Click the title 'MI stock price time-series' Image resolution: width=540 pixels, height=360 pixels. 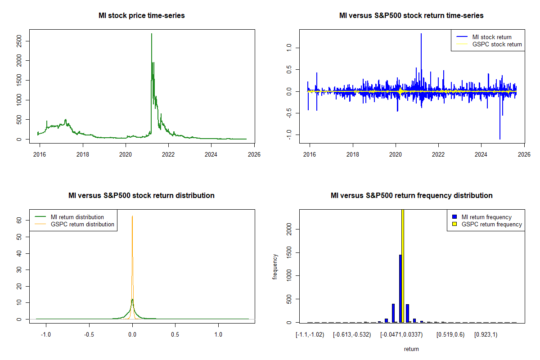pyautogui.click(x=141, y=16)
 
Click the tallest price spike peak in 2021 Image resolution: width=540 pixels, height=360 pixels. pyautogui.click(x=152, y=34)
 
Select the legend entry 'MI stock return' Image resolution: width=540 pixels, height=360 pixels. pyautogui.click(x=491, y=37)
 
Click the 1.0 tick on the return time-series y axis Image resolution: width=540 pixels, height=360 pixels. pyautogui.click(x=289, y=47)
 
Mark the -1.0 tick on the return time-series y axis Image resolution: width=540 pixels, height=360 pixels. pyautogui.click(x=289, y=135)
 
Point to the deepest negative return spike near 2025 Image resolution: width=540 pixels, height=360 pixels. pyautogui.click(x=499, y=138)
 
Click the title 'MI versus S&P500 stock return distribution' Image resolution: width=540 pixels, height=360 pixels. pyautogui.click(x=141, y=196)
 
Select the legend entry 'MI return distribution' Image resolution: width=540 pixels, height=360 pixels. pyautogui.click(x=77, y=217)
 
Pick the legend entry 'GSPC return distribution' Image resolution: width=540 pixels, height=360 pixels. pyautogui.click(x=82, y=224)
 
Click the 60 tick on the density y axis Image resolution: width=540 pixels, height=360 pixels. pyautogui.click(x=19, y=220)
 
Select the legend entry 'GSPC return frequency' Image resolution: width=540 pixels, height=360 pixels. pyautogui.click(x=491, y=224)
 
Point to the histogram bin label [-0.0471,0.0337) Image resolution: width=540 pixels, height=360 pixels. pyautogui.click(x=399, y=335)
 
